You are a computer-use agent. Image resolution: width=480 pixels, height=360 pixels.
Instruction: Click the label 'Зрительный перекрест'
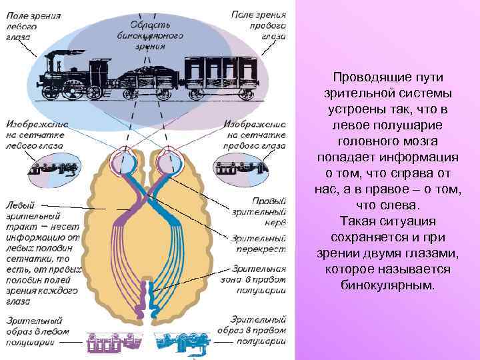click(259, 243)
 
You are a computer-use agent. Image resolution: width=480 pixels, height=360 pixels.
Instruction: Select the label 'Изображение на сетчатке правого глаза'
click(256, 136)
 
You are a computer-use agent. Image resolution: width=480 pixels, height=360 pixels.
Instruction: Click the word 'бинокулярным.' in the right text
click(387, 285)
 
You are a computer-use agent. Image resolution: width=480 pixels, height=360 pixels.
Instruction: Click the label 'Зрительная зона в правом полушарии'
click(259, 279)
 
